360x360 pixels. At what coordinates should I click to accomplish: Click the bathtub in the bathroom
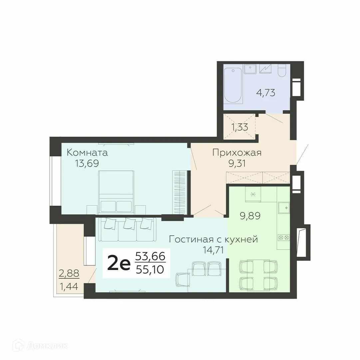[233, 86]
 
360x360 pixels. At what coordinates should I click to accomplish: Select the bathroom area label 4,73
[265, 92]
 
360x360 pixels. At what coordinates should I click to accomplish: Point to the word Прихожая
[237, 153]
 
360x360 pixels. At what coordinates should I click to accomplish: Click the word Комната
[87, 153]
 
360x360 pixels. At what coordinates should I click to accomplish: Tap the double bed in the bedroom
[116, 192]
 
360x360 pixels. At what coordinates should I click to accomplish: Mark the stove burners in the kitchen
[283, 237]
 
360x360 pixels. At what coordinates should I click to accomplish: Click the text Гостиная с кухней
[213, 239]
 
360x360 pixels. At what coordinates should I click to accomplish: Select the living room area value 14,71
[213, 250]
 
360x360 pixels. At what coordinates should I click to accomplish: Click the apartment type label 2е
[119, 264]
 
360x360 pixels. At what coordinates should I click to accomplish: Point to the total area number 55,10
[150, 269]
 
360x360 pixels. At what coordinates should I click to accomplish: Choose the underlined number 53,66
[150, 257]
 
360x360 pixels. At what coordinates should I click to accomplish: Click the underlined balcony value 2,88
[69, 274]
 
